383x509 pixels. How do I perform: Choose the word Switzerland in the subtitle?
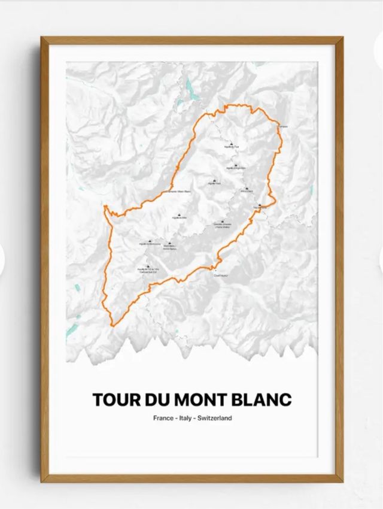[217, 418]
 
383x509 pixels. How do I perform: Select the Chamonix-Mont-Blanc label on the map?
[175, 192]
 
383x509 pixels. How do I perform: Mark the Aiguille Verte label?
[214, 184]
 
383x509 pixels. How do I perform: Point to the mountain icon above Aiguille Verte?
[214, 179]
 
